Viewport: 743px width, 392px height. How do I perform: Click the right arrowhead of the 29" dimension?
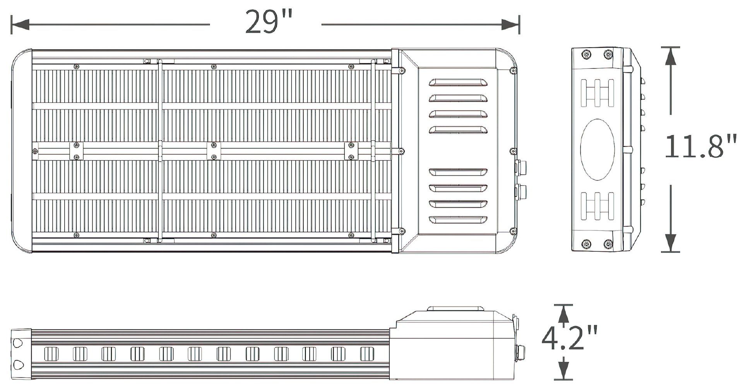tap(510, 25)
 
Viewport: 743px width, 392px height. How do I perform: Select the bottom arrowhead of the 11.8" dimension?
tap(671, 243)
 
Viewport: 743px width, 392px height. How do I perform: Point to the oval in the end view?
tap(597, 149)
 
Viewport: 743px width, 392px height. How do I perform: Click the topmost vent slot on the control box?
tap(458, 83)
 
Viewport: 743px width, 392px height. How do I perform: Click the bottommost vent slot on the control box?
tap(458, 220)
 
